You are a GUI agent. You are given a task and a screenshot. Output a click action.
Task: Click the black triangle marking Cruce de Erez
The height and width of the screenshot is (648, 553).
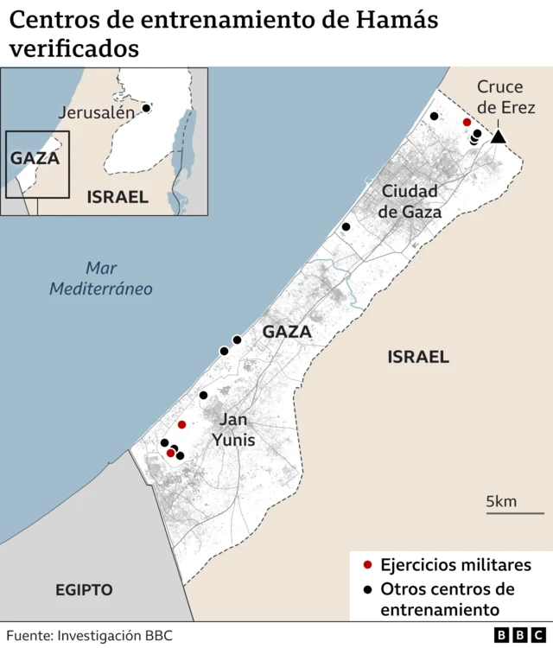[x=498, y=137]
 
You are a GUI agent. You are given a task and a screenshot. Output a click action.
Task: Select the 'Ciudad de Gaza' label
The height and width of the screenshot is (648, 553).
[x=411, y=201]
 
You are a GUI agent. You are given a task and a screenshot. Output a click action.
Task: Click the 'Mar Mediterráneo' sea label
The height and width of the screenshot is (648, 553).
[x=100, y=278]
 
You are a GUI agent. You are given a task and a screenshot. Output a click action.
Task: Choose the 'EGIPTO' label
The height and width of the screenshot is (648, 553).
[x=84, y=590]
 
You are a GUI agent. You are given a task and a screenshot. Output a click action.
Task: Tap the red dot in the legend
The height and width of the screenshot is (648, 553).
[x=367, y=565]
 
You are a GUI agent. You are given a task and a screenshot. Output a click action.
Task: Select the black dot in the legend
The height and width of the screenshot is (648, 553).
[x=367, y=589]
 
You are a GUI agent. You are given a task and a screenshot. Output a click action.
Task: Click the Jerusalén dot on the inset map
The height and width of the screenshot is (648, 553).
[x=147, y=108]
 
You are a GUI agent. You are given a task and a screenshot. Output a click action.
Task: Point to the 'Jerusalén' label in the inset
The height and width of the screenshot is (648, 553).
[x=97, y=112]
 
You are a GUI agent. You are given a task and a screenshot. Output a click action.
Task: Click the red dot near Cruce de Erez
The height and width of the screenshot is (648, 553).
[x=467, y=123]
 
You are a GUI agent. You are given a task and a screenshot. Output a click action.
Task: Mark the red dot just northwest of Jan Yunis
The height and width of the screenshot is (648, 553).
[x=181, y=424]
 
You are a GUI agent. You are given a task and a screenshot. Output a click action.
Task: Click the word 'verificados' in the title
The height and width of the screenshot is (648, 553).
[x=74, y=49]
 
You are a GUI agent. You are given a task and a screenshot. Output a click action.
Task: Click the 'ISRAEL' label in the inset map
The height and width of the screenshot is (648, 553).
[x=118, y=197]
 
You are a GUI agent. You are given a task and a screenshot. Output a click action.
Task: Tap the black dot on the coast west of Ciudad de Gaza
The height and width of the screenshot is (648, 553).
[x=346, y=226]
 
